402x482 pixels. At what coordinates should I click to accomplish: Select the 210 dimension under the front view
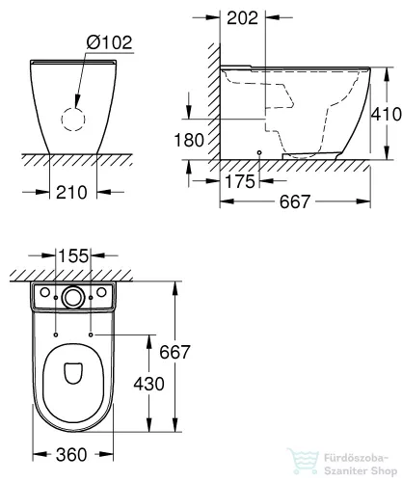[x=72, y=191]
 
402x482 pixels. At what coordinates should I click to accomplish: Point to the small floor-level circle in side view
[x=260, y=154]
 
